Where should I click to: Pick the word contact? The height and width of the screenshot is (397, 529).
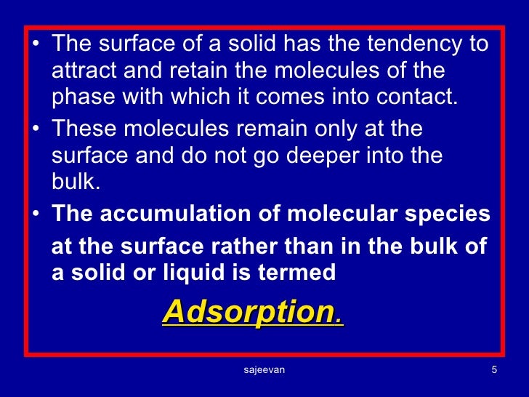coord(426,98)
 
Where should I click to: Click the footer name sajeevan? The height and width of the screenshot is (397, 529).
coord(264,370)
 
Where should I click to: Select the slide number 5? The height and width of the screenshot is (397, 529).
coord(494,370)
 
